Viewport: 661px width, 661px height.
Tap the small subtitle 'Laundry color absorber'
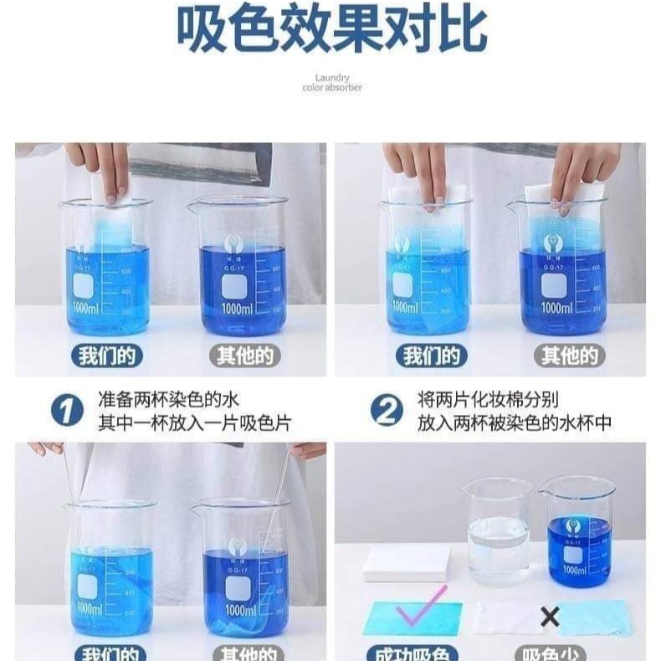332,83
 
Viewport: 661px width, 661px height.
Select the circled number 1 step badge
67,412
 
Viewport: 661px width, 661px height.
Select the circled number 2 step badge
387,412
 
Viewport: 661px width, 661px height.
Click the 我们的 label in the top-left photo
105,356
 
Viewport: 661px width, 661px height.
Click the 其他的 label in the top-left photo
244,356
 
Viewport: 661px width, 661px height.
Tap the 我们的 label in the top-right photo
431,356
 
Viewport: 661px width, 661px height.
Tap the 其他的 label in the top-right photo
569,356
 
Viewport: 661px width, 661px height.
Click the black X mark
550,617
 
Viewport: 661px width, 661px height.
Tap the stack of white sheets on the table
406,563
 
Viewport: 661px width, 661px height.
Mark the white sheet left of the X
506,617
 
